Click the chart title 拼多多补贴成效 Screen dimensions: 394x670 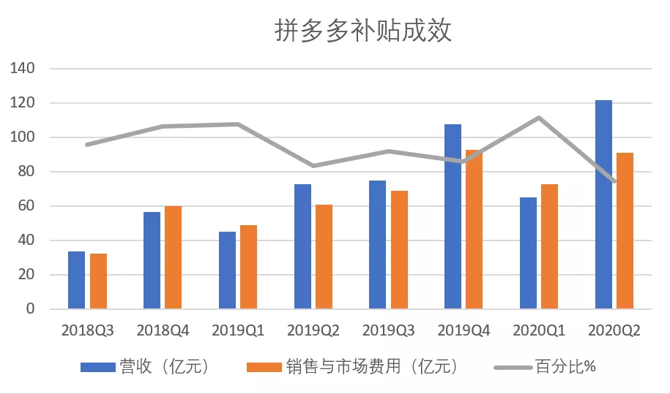point(363,31)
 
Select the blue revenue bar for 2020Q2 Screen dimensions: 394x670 point(603,205)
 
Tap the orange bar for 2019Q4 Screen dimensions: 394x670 point(474,230)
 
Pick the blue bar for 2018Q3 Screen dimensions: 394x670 point(77,280)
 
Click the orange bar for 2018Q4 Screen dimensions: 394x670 point(173,257)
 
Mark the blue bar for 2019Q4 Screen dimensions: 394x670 point(453,216)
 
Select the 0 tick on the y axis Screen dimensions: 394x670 point(30,309)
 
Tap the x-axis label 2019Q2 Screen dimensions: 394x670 point(313,330)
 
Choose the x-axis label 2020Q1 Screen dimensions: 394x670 point(539,330)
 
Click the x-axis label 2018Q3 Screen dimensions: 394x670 point(88,330)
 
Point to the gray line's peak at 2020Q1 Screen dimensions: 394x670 point(539,118)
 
